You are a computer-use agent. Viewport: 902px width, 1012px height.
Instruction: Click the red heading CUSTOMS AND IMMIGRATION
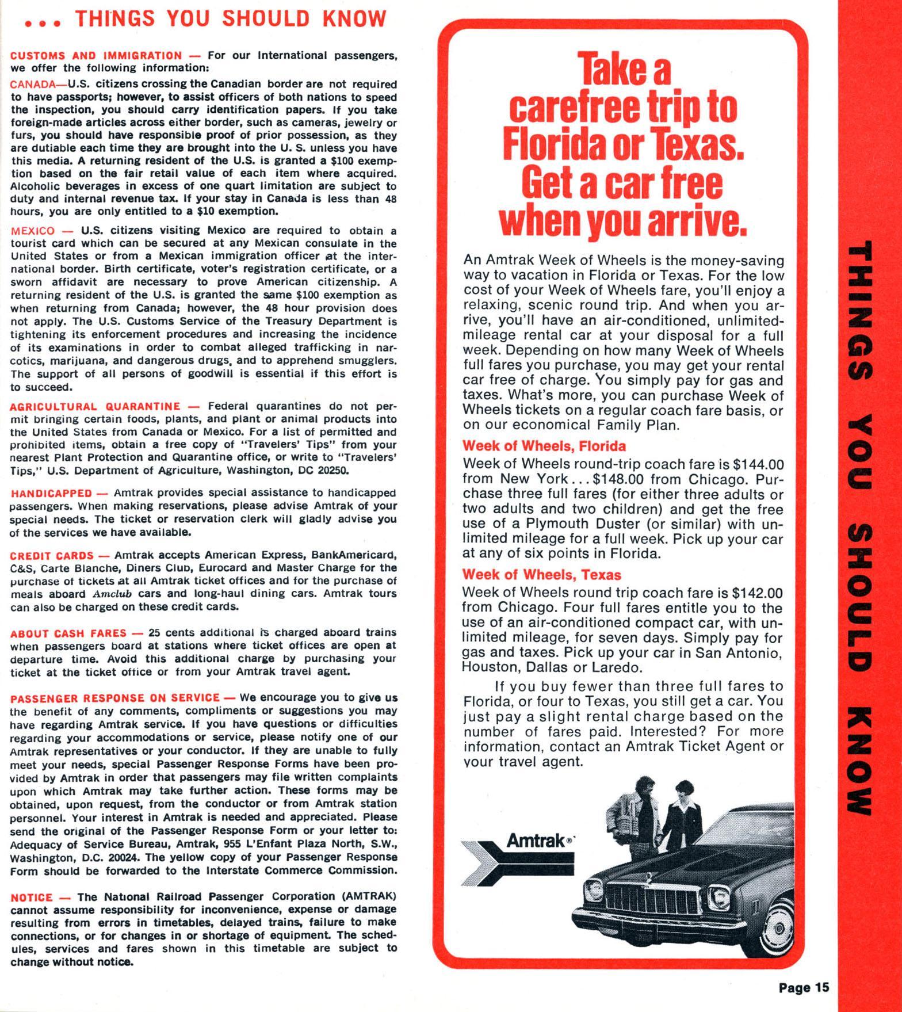(x=96, y=56)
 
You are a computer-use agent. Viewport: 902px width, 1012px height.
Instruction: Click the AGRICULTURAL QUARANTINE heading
(x=95, y=406)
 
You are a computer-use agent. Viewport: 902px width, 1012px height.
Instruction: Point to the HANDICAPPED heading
(x=51, y=493)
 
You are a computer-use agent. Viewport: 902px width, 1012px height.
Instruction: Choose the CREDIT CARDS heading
(x=52, y=556)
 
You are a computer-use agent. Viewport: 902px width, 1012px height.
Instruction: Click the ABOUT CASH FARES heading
(x=68, y=633)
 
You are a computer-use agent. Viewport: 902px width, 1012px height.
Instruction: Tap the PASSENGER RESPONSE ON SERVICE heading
(x=115, y=698)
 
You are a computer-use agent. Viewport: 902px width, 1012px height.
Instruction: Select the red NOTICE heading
(x=32, y=897)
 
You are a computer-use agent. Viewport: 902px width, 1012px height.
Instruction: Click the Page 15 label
(x=804, y=988)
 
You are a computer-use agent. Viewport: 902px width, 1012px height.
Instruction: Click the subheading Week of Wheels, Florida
(x=544, y=446)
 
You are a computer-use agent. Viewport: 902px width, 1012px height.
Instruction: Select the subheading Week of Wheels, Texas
(x=542, y=575)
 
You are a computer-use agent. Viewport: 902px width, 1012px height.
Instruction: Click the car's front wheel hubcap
(x=778, y=930)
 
